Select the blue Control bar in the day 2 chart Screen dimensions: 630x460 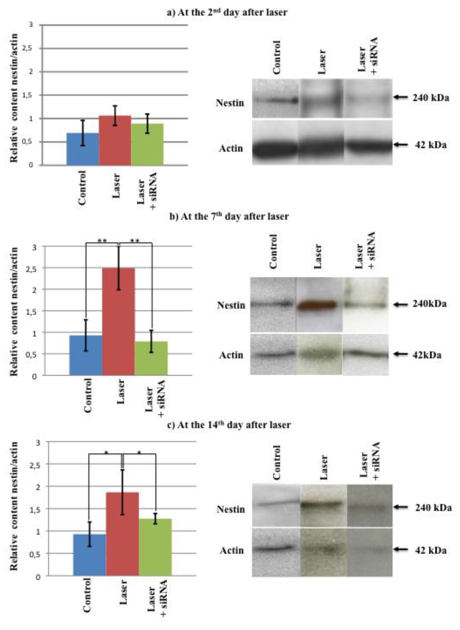[82, 149]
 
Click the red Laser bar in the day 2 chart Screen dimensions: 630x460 [115, 141]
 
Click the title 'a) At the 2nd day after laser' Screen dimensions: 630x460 [227, 12]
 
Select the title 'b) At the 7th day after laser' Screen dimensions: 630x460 [229, 217]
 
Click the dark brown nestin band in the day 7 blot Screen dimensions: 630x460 [316, 305]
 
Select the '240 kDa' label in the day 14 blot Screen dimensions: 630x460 [433, 508]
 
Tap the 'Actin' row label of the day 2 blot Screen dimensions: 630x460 [231, 149]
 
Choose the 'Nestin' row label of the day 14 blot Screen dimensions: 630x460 [231, 509]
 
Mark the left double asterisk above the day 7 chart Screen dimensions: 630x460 [102, 240]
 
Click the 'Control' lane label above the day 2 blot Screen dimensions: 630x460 [277, 57]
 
